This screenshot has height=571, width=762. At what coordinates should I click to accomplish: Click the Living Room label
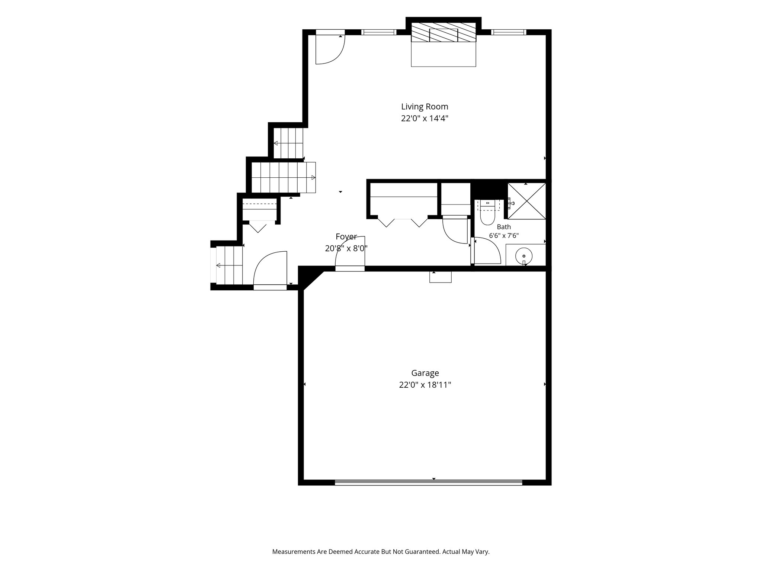425,107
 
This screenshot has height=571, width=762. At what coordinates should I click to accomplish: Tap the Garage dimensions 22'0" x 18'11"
425,385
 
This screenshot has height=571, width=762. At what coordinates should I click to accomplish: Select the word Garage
425,373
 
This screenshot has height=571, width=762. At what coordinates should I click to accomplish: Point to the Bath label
504,227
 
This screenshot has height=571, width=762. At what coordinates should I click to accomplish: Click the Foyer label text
346,236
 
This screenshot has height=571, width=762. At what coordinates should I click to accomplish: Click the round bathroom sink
524,256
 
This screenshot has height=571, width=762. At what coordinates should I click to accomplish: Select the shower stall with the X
527,201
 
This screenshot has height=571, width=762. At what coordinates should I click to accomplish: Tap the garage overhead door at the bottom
429,483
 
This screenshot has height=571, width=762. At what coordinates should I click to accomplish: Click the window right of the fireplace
509,32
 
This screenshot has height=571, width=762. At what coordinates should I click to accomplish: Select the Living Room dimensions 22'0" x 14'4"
425,119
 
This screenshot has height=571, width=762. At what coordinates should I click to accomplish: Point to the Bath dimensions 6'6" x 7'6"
504,235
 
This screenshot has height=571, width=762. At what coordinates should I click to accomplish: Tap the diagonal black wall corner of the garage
310,277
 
